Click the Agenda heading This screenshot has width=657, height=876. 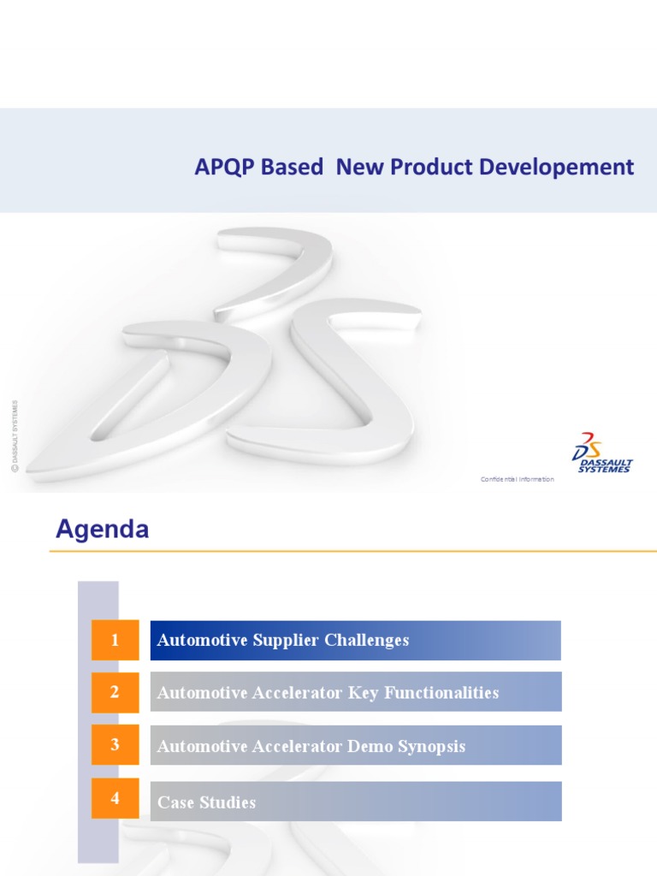tap(103, 530)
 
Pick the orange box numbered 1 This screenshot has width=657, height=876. tap(115, 640)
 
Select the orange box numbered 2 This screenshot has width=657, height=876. tap(115, 692)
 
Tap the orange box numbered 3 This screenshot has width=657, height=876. tap(115, 745)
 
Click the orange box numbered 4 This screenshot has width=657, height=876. tap(115, 799)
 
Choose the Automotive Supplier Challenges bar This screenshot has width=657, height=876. tap(355, 640)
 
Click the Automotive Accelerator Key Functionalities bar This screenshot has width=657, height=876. tap(355, 692)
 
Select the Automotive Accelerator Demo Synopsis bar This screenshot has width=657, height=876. tap(355, 746)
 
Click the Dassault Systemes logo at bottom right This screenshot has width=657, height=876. tap(602, 453)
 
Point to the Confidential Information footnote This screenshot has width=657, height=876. tap(517, 479)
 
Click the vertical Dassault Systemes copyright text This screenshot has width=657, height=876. tap(15, 435)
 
